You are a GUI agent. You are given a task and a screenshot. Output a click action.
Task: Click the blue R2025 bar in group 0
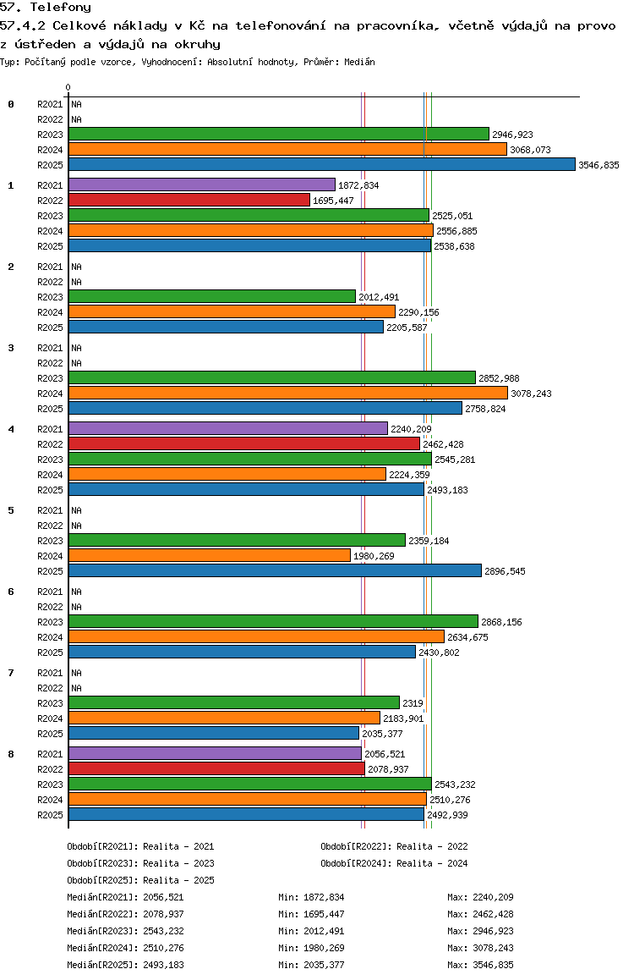point(321,164)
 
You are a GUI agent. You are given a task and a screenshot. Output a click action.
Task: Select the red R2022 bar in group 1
point(189,200)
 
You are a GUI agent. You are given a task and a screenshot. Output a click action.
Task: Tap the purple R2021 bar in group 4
point(227,428)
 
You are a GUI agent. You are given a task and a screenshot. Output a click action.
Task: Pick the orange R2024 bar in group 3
point(287,393)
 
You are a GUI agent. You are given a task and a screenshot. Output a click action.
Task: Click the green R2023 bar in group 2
point(211,296)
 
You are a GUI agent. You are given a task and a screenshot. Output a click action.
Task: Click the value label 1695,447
point(333,201)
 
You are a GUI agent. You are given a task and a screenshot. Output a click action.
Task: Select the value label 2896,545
point(505,571)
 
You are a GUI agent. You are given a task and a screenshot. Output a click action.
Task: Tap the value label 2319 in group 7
point(413,703)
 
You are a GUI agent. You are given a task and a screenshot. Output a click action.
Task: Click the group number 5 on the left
point(11,510)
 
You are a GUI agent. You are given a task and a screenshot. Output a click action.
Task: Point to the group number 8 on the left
point(11,754)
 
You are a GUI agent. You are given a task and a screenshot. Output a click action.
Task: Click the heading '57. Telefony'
point(46,7)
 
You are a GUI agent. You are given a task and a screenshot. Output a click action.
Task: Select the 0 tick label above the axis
point(68,87)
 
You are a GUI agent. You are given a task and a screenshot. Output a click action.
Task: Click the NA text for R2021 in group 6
point(76,592)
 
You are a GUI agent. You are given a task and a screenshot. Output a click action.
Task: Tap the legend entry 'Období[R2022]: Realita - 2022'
point(394,846)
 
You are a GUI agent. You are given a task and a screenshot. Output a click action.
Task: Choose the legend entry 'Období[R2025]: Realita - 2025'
point(140,880)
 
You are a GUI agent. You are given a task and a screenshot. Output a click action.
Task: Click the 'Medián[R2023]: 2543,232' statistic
point(125,931)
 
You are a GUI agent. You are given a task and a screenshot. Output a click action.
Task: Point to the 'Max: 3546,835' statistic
point(480,965)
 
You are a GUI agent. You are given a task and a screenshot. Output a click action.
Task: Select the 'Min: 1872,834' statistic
point(311,897)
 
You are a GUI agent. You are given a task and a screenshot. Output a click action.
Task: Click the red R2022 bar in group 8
point(216,768)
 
